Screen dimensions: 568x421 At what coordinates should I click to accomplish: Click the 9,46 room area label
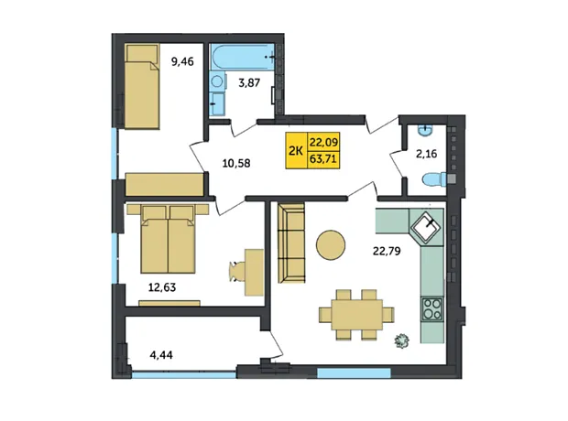coord(182,62)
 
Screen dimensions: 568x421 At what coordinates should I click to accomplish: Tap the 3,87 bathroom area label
coord(249,83)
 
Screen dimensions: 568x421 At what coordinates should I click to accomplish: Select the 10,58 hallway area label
coord(236,163)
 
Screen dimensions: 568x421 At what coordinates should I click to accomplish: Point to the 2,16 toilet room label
coord(426,154)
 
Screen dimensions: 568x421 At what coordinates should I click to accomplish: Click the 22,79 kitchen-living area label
coord(387,251)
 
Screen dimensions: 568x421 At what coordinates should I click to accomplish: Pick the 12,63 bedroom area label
coord(162,287)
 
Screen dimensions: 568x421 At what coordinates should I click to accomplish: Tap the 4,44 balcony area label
coord(161,355)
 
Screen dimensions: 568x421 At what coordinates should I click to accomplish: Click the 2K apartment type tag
coord(296,151)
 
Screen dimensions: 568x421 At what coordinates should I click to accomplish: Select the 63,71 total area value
coord(323,159)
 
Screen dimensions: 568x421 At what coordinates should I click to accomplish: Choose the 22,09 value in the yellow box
coord(323,142)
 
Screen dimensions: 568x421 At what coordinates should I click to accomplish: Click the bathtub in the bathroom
coord(243,56)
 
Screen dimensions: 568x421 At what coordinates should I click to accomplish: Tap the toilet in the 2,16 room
coord(434,179)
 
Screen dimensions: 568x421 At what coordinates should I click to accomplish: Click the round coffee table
coord(331,245)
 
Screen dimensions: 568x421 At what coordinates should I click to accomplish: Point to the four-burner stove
coord(431,308)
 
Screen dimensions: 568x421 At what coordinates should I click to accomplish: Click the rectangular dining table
coord(356,314)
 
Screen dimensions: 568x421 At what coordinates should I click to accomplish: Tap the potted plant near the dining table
coord(402,340)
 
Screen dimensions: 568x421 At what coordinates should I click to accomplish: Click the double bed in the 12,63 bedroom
coord(168,239)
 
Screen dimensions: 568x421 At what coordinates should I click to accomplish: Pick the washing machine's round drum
coord(216,81)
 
